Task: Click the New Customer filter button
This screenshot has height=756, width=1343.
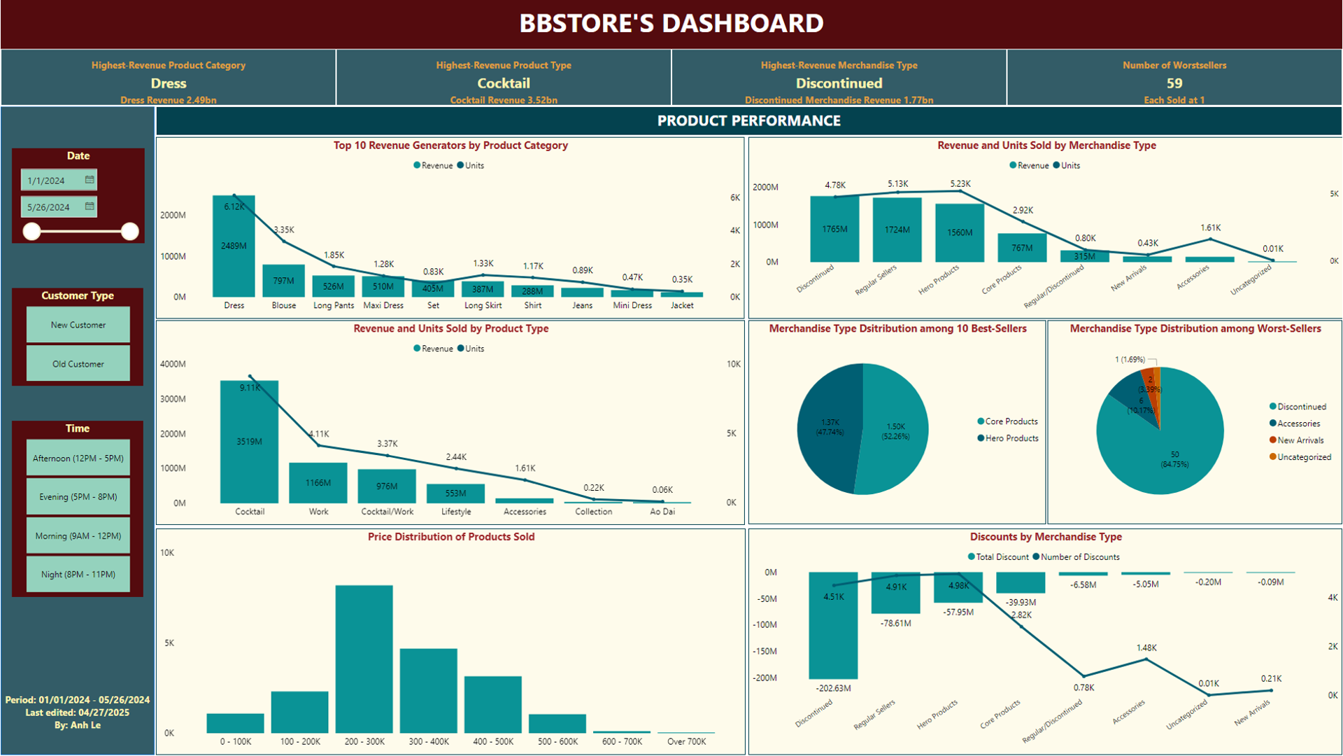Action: point(78,325)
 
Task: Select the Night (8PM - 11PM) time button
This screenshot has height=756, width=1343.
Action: point(78,575)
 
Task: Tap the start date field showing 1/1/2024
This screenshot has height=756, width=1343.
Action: point(52,181)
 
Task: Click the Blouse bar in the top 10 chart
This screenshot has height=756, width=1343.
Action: point(283,281)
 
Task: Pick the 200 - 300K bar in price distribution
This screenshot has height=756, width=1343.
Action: point(364,658)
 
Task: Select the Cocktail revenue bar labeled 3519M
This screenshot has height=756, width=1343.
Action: point(249,442)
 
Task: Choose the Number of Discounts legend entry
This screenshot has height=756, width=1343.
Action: point(1080,557)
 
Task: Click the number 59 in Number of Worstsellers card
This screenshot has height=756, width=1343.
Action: point(1174,83)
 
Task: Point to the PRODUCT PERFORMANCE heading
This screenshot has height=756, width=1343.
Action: point(748,121)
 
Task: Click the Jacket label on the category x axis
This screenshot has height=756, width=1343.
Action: point(682,305)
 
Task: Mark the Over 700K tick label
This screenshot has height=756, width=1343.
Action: point(686,741)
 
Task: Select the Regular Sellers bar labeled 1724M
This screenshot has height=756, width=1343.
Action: point(897,230)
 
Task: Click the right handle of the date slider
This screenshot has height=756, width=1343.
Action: point(129,232)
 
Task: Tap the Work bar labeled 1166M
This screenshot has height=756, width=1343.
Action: point(318,482)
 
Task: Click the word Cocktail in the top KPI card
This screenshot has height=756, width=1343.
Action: point(504,83)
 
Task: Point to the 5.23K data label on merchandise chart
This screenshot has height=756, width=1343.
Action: point(960,184)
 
